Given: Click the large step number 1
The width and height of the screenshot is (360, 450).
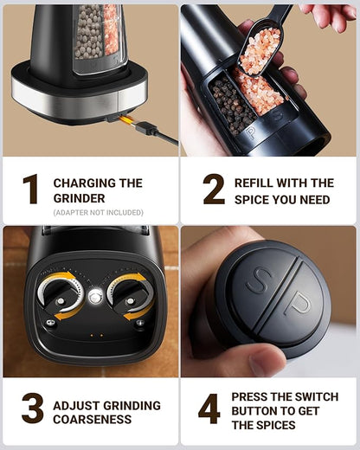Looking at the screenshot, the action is (x=31, y=189).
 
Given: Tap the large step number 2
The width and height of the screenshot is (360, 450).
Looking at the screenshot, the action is (x=214, y=189).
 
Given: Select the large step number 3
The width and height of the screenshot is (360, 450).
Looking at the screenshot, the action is (x=33, y=408).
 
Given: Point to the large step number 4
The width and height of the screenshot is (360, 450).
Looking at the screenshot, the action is (x=209, y=408).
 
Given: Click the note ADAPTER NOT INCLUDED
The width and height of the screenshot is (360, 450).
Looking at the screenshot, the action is (x=99, y=213).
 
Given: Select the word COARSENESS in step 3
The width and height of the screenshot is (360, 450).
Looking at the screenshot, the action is (x=93, y=420).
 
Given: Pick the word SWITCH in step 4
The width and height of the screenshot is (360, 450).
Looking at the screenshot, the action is (x=318, y=397).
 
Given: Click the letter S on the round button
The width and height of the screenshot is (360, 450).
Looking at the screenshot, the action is (x=259, y=280).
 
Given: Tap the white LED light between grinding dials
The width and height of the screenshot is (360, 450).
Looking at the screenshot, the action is (x=95, y=297).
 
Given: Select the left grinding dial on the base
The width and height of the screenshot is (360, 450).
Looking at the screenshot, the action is (x=61, y=295).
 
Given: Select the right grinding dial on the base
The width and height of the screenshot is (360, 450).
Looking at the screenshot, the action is (x=131, y=295).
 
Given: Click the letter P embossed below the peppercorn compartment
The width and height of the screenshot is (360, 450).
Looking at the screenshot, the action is (x=251, y=132).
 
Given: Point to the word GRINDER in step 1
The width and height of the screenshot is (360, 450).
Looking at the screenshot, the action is (x=79, y=198).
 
